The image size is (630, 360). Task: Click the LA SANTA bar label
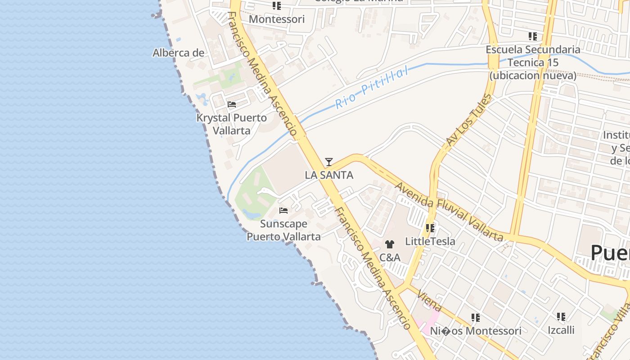pyautogui.click(x=329, y=175)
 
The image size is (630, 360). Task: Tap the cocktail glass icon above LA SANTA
pyautogui.click(x=329, y=162)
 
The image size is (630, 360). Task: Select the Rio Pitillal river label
pyautogui.click(x=372, y=87)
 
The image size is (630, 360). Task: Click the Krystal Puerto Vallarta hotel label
pyautogui.click(x=231, y=124)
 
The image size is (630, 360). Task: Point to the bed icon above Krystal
pyautogui.click(x=232, y=104)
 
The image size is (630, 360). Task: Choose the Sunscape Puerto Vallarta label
pyautogui.click(x=283, y=230)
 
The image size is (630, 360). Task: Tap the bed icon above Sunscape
pyautogui.click(x=283, y=210)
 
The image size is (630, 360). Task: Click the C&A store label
pyautogui.click(x=390, y=257)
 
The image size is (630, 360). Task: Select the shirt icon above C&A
pyautogui.click(x=390, y=244)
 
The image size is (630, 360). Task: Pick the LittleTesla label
pyautogui.click(x=430, y=241)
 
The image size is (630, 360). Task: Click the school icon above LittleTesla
pyautogui.click(x=430, y=228)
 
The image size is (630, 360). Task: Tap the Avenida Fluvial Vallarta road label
pyautogui.click(x=448, y=211)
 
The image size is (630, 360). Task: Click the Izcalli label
pyautogui.click(x=561, y=330)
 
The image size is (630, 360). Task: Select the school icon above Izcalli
pyautogui.click(x=561, y=317)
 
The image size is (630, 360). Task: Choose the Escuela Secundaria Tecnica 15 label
pyautogui.click(x=533, y=62)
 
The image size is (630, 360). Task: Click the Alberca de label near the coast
pyautogui.click(x=179, y=53)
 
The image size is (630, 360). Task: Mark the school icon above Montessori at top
pyautogui.click(x=277, y=6)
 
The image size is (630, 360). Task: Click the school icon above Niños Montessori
pyautogui.click(x=476, y=318)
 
